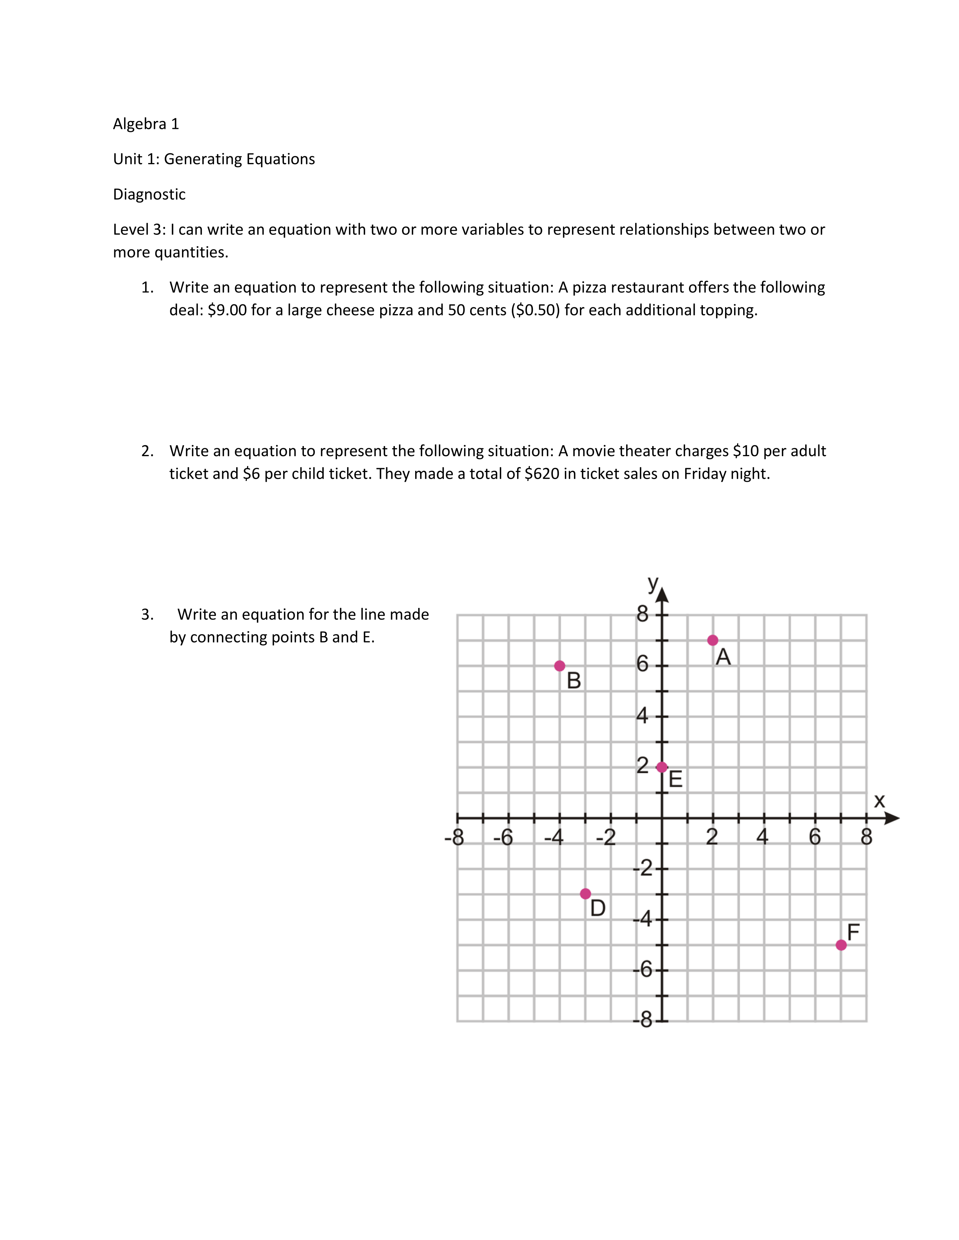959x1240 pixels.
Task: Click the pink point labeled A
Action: pos(712,640)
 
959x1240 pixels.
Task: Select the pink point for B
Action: pos(560,665)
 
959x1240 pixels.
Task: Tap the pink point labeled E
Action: pos(661,767)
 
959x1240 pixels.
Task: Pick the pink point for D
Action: pos(585,894)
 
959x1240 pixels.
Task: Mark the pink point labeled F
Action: pos(841,945)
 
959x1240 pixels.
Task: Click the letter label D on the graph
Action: pos(598,909)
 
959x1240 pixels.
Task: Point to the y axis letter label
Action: pos(653,582)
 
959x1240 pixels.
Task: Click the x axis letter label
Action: pos(879,800)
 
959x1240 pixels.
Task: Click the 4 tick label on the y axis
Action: pos(642,715)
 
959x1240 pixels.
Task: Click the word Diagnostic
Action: pos(149,194)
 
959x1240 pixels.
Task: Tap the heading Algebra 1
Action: pos(146,124)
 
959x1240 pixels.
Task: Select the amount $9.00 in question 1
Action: pos(227,310)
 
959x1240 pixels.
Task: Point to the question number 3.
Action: pos(147,614)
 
